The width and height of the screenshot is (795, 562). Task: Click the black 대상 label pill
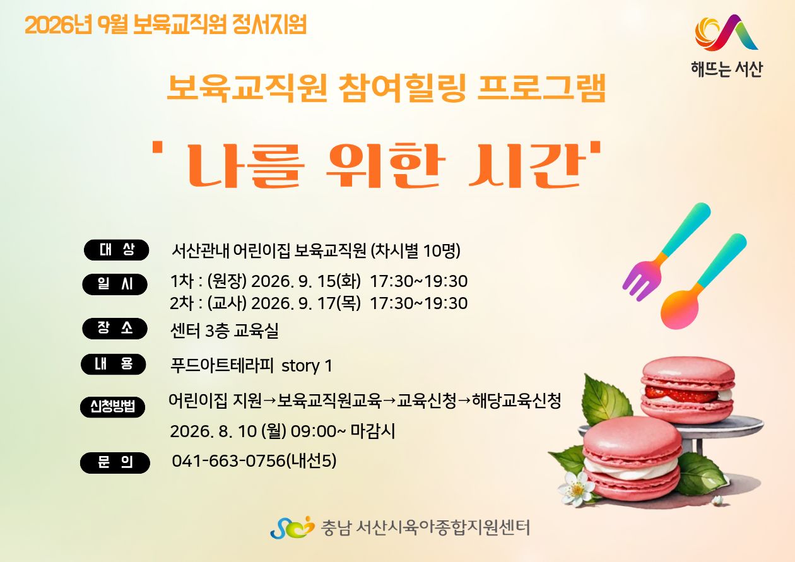116,250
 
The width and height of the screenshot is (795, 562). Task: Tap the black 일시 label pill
115,284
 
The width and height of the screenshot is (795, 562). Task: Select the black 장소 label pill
115,329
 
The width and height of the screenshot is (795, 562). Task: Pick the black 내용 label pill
114,364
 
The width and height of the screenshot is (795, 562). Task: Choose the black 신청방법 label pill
113,407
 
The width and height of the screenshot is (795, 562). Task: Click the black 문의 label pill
115,463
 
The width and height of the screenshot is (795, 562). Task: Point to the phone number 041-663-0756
228,461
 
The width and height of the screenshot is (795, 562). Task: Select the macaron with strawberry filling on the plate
688,390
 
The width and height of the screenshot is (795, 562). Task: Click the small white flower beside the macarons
577,489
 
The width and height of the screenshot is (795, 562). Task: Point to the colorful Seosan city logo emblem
726,33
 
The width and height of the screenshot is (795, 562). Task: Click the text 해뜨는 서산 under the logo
726,69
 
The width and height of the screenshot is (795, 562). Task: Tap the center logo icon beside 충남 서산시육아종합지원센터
292,527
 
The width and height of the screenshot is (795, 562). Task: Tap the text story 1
307,366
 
